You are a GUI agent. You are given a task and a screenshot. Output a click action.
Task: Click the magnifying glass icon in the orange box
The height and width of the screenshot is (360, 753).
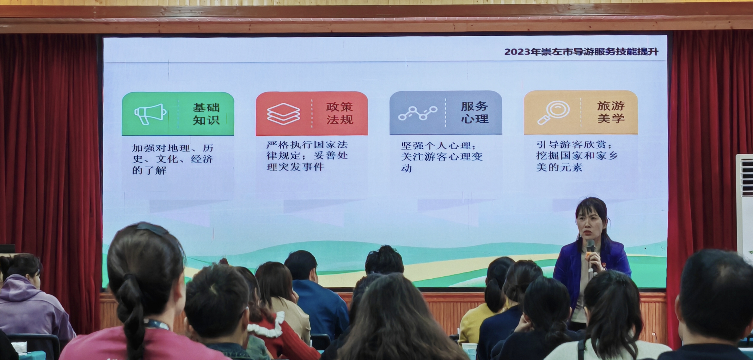point(553,112)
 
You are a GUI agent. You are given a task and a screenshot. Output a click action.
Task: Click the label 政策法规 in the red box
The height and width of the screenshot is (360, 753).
point(340,113)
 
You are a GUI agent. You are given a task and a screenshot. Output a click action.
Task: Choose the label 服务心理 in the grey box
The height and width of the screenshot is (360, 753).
point(475,112)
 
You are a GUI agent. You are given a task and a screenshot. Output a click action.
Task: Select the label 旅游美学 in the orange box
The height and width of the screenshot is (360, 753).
point(611,112)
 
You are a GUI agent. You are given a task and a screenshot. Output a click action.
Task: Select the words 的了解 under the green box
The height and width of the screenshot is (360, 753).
point(149,170)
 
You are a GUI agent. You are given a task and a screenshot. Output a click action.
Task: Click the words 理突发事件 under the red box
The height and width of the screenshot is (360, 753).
point(295,167)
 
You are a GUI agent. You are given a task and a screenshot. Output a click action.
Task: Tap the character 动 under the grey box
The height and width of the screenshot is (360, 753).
point(406,168)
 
